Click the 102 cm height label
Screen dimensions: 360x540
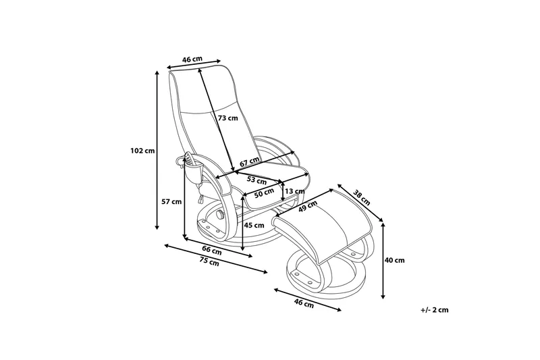point(142,150)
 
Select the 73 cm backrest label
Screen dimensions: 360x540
point(228,118)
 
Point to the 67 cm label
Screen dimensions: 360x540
point(249,162)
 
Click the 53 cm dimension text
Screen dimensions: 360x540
point(256,180)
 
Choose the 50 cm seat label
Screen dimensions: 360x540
point(263,194)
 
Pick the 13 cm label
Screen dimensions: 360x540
point(294,191)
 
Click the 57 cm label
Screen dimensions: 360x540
point(172,201)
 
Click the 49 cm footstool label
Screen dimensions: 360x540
point(308,206)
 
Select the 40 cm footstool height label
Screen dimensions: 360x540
point(395,260)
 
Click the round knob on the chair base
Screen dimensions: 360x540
point(220,216)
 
